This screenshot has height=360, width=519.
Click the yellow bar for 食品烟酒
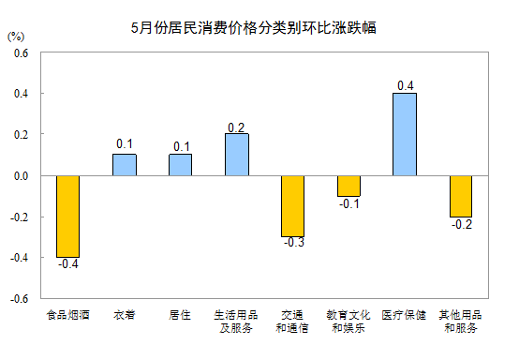(x=67, y=216)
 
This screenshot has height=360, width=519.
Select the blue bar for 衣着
(x=125, y=164)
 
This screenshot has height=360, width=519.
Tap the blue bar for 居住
(x=180, y=164)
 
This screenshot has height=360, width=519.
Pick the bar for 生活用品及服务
(x=237, y=154)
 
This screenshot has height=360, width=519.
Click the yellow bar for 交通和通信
(x=292, y=205)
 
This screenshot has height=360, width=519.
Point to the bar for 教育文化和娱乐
(x=348, y=185)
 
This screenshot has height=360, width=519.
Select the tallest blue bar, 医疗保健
(x=405, y=134)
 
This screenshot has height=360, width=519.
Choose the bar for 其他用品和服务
(x=460, y=195)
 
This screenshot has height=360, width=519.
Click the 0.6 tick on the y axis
(x=21, y=52)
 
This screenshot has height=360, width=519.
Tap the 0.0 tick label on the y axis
(x=21, y=175)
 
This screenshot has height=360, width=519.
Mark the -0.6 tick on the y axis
(x=19, y=298)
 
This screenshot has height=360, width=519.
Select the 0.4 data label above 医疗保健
(x=406, y=85)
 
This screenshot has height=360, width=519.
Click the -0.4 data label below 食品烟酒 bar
(x=67, y=264)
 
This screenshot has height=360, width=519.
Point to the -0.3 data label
(x=293, y=244)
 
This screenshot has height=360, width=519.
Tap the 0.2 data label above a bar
(x=237, y=127)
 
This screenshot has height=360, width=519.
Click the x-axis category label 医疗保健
(x=405, y=315)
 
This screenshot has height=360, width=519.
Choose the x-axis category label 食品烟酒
(x=67, y=315)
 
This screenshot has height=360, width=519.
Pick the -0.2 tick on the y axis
(x=19, y=217)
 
